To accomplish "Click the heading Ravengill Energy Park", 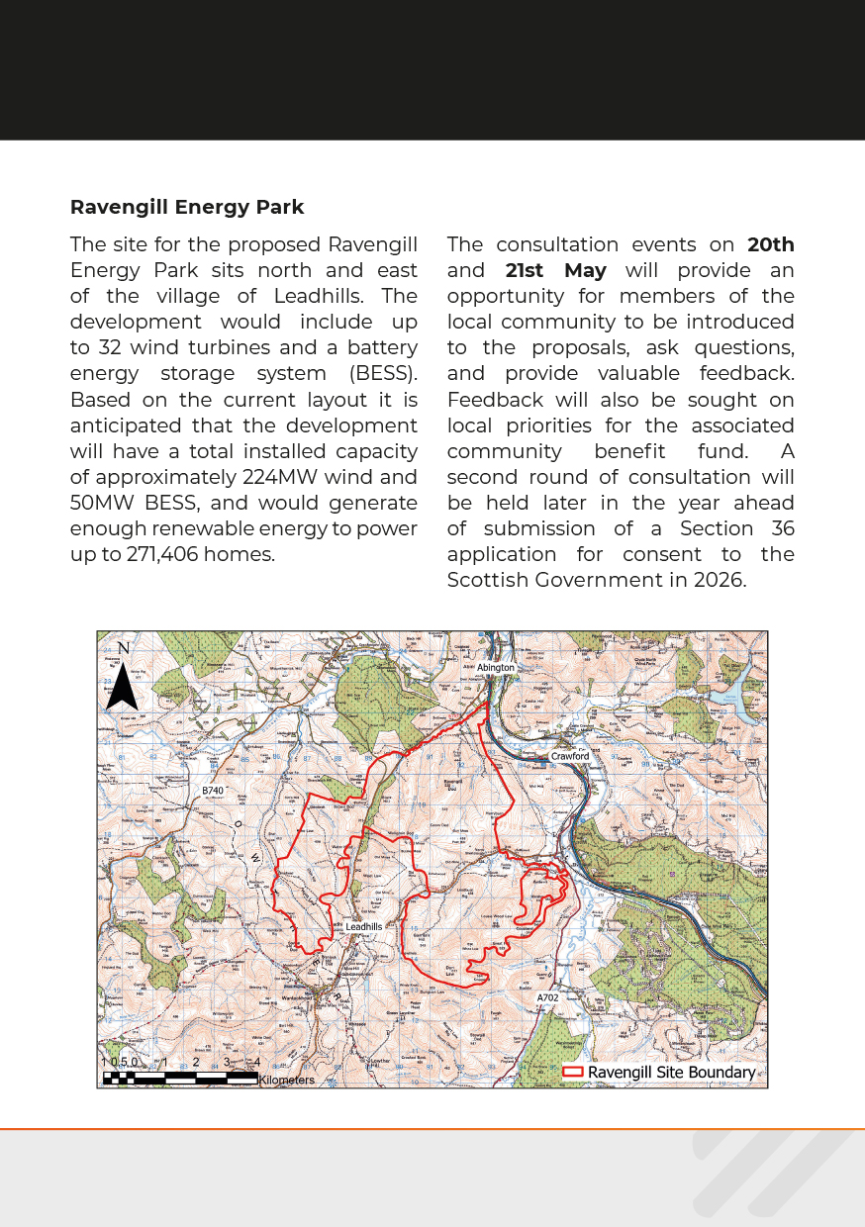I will pos(187,208).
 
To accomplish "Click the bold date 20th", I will pos(771,244).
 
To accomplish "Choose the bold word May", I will pos(585,270).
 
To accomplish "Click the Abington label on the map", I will pos(496,668).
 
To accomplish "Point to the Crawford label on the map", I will pos(570,756).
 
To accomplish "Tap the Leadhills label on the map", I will pos(364,927).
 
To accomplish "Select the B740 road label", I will pos(213,792).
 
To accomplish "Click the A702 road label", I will pos(547,998).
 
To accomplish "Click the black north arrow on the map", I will pos(122,685).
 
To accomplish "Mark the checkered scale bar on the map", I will pos(179,1078).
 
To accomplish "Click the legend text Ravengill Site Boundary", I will pos(671,1073).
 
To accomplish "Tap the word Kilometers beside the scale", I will pos(286,1081).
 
